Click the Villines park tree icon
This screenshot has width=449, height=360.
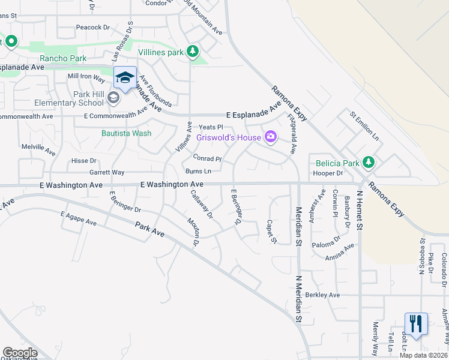click(193, 52)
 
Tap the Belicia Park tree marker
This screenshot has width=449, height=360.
click(368, 161)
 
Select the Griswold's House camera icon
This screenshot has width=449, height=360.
click(271, 137)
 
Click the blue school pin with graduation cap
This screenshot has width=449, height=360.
click(125, 77)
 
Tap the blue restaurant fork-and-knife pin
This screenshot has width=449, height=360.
click(415, 323)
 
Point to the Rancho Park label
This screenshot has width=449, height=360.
click(63, 59)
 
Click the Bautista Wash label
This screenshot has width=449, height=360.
click(126, 133)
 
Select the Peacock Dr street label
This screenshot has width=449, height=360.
click(93, 28)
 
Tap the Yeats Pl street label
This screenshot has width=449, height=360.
click(211, 127)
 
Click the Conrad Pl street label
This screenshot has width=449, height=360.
click(208, 159)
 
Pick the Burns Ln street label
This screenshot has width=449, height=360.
click(199, 172)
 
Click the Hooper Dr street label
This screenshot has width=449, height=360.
click(328, 173)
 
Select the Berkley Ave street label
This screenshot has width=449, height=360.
click(322, 295)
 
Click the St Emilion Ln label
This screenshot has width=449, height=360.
click(365, 125)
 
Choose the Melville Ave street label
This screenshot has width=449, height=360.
click(38, 146)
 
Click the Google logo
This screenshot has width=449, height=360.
click(20, 353)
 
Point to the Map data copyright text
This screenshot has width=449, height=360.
click(424, 355)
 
